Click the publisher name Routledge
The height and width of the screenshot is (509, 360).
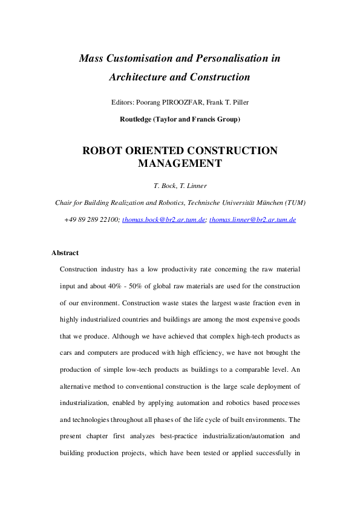pyautogui.click(x=138, y=119)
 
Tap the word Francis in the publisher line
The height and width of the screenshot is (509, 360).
pyautogui.click(x=206, y=119)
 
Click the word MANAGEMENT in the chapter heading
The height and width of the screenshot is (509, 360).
pyautogui.click(x=180, y=163)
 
